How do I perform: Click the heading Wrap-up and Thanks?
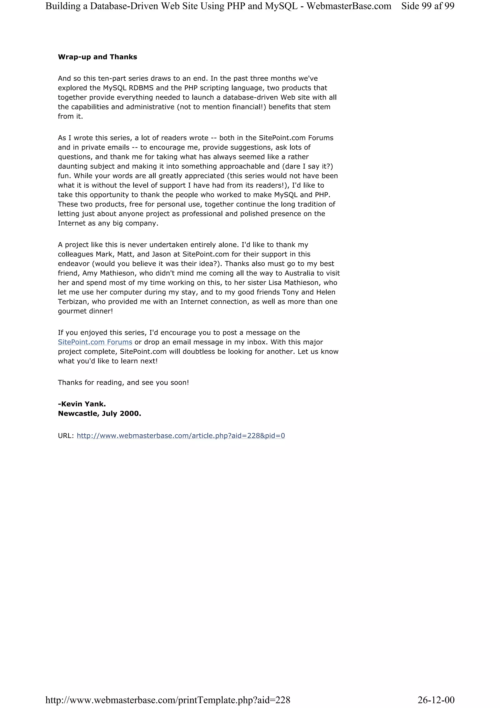97,57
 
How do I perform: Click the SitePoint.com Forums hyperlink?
95,342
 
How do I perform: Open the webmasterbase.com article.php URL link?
180,436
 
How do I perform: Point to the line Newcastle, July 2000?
99,414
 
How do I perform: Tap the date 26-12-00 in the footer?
436,700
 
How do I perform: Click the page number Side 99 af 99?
427,6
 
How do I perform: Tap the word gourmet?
72,311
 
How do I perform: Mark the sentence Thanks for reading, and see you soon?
123,383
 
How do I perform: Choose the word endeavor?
73,264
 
